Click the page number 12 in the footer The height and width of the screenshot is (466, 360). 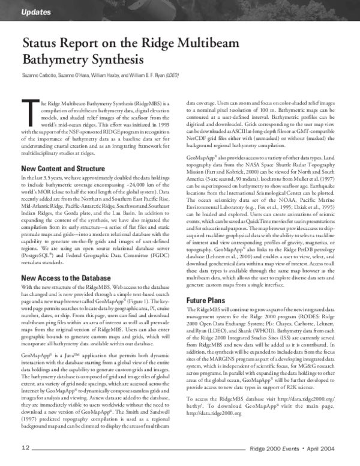[26, 448]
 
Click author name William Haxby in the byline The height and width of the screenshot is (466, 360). [105, 76]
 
